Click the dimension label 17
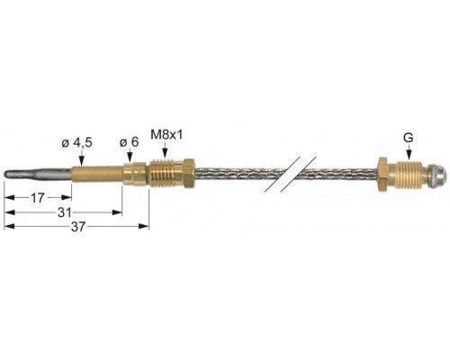38,198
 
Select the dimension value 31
65,212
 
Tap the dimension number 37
78,227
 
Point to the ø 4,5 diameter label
76,143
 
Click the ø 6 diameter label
130,142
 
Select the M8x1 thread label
166,135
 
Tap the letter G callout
409,138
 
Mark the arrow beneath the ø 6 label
130,156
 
